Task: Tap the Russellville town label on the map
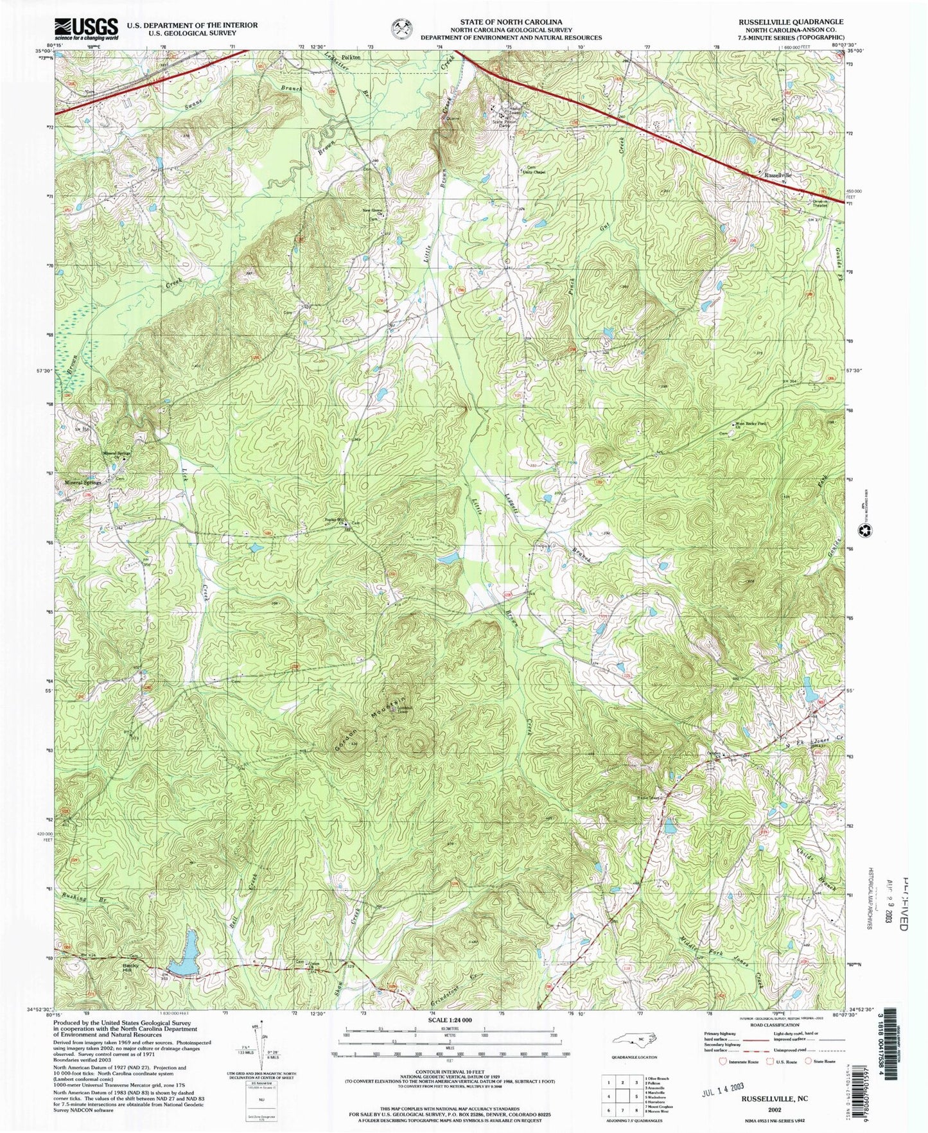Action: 777,175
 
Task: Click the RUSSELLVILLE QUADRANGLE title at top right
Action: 791,22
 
